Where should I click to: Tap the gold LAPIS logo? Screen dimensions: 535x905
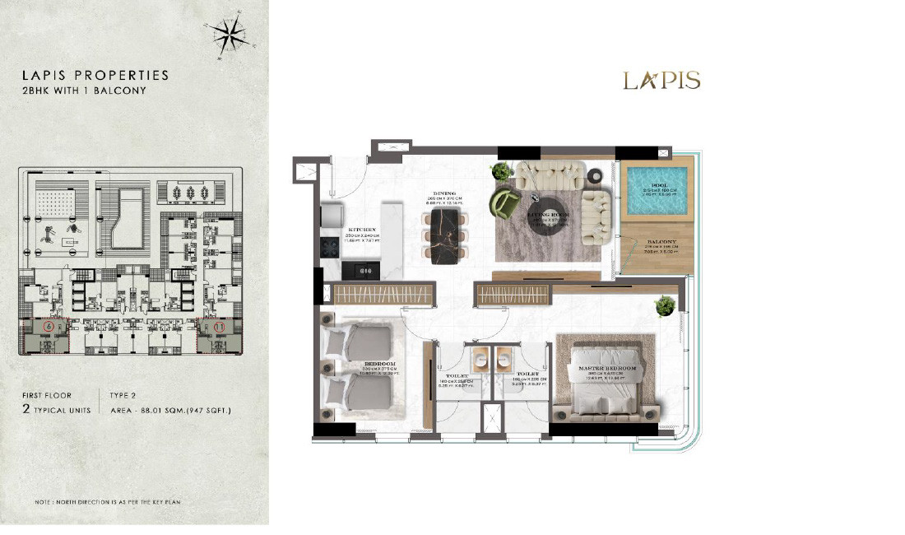tap(661, 80)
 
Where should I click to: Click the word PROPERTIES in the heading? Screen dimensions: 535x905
tap(121, 75)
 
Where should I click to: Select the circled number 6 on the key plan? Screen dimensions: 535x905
tap(49, 327)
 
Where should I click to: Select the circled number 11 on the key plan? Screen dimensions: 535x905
tap(219, 327)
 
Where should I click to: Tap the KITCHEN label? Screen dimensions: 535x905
tap(361, 230)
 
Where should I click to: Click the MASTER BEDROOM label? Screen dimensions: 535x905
tap(608, 367)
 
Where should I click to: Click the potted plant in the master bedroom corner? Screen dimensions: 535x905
tap(665, 305)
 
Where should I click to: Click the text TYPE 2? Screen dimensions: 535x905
tap(124, 395)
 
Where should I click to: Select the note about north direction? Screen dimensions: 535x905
tap(108, 501)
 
